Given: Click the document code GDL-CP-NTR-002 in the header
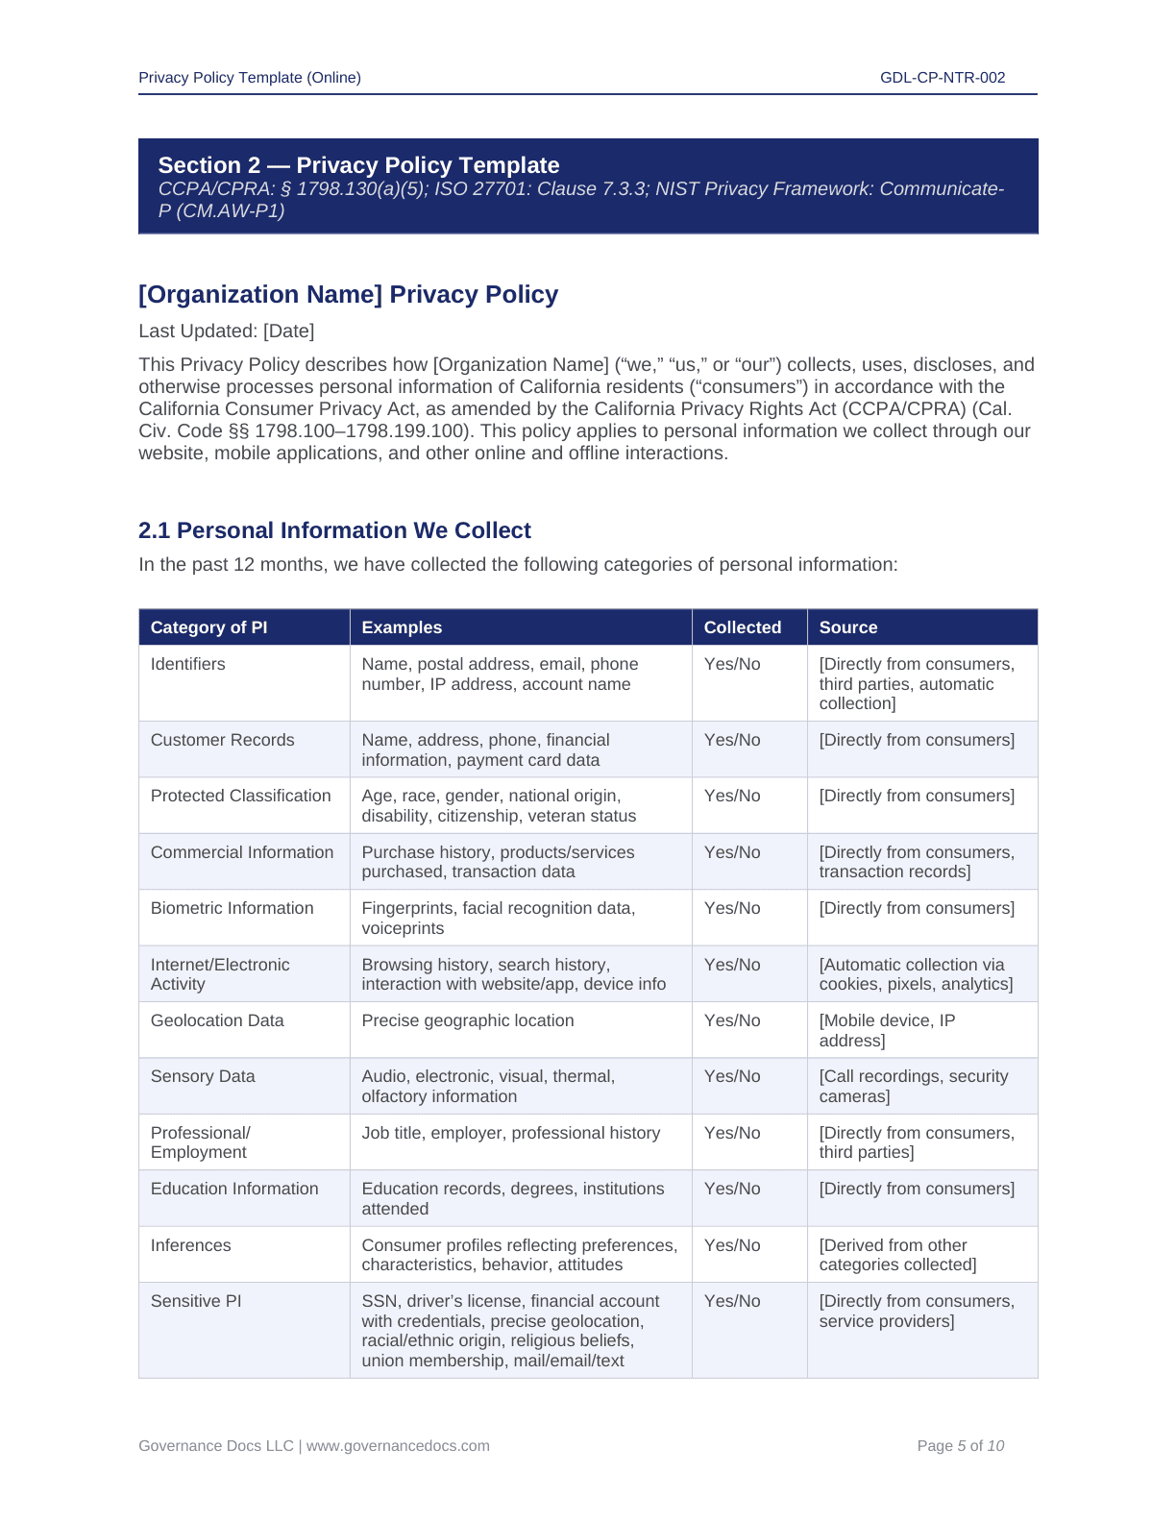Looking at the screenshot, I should (942, 78).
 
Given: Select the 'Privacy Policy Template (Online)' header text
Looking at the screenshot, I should (250, 78).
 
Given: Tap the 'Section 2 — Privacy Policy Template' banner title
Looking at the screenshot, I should (358, 165).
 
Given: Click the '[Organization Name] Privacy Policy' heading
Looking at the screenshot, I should (348, 294).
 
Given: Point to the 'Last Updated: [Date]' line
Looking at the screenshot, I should (226, 331).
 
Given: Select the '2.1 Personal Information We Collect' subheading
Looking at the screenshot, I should (334, 530).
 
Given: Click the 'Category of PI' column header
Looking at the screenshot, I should (208, 627).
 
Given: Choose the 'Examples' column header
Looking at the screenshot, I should (402, 627).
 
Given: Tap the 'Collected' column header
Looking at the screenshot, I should (742, 627).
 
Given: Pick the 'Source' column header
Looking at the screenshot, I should (847, 627).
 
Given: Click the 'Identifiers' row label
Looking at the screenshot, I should (187, 664).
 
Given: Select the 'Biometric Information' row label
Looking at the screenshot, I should (232, 908).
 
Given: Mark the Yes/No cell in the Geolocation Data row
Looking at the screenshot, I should (731, 1020).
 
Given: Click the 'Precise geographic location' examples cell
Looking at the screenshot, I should (467, 1020).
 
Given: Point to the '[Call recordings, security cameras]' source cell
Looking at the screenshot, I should (913, 1086).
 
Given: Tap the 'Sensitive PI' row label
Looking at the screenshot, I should (196, 1301).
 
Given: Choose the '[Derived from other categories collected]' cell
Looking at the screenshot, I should (897, 1255).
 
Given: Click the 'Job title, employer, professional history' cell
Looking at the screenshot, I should (510, 1133).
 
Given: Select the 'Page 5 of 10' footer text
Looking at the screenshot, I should (960, 1446).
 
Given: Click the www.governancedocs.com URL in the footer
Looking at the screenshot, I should (398, 1446).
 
